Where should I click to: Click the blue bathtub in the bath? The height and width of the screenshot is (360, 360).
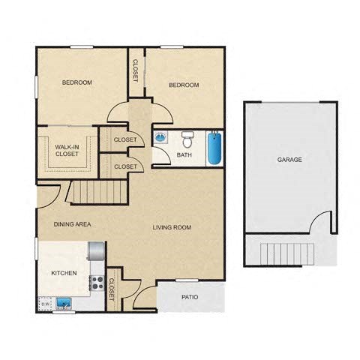(x=215, y=148)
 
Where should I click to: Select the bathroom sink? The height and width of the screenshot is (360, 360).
(x=161, y=137)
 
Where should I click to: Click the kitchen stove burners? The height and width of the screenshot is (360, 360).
(x=96, y=282)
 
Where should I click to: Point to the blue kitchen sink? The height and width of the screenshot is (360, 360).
(x=64, y=304)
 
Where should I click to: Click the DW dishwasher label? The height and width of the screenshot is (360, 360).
(x=43, y=304)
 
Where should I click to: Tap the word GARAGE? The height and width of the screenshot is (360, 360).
(x=289, y=160)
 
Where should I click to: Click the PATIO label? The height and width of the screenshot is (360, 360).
(x=190, y=298)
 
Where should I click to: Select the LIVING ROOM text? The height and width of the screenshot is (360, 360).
(x=172, y=228)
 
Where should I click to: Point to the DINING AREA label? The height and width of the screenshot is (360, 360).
(x=72, y=224)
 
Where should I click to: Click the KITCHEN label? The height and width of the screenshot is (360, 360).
(x=63, y=273)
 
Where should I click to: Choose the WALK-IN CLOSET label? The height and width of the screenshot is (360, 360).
(x=67, y=150)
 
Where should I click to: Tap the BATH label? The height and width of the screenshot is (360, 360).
(x=184, y=155)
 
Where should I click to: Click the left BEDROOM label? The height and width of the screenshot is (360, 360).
(x=76, y=82)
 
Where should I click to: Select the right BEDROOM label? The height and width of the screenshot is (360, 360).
(x=184, y=85)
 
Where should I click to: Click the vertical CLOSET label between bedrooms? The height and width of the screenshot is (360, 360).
(x=136, y=70)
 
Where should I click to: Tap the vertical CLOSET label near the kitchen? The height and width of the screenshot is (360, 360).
(x=112, y=289)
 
